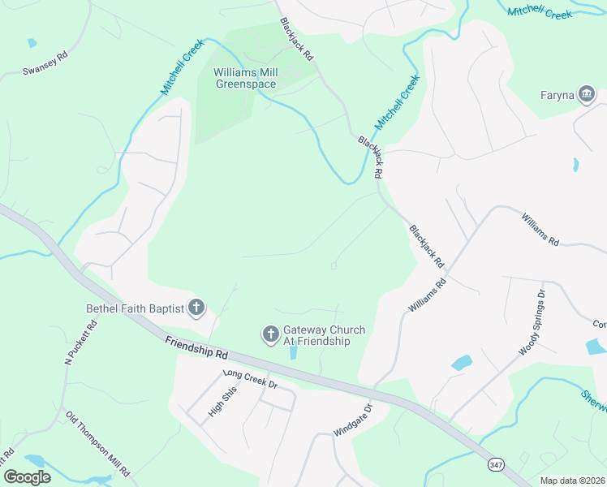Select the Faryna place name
(557, 95)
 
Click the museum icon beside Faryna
(585, 94)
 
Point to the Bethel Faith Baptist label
(135, 308)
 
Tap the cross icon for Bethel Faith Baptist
(196, 308)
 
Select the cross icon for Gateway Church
(270, 334)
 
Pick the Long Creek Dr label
(251, 378)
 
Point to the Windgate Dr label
(353, 420)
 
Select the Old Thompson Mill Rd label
(98, 443)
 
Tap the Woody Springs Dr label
(530, 322)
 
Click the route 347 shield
(496, 463)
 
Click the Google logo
(28, 477)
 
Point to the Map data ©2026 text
(571, 481)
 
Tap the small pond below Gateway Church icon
(291, 352)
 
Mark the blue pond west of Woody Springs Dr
(461, 363)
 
